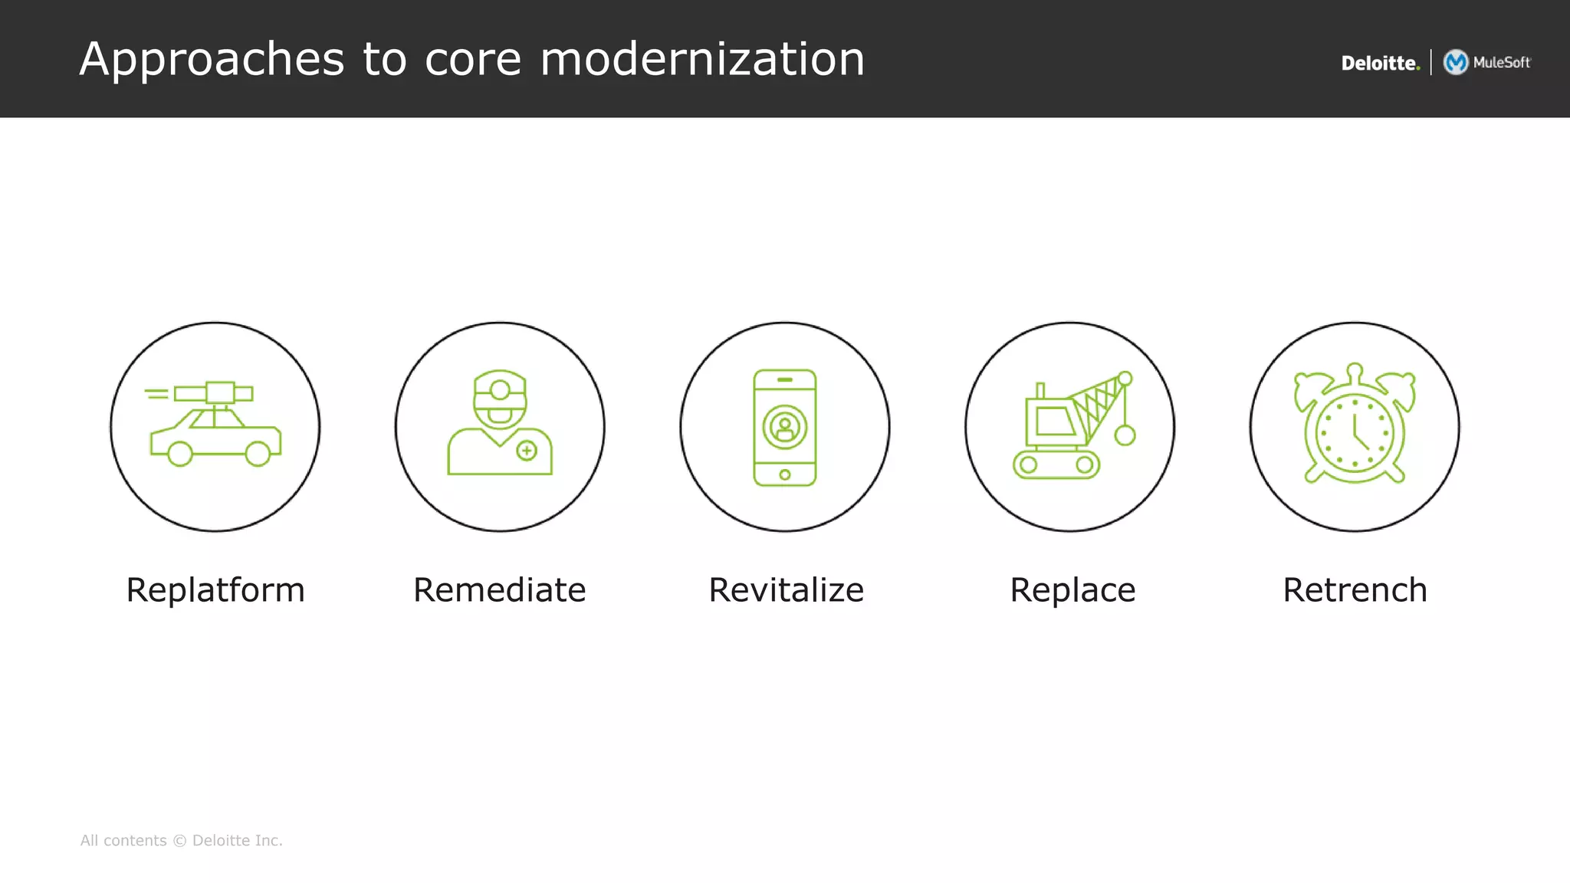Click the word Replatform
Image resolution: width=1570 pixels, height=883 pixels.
[215, 590]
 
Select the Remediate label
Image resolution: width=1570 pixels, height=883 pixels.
[500, 590]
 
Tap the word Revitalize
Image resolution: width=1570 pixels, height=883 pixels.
[786, 590]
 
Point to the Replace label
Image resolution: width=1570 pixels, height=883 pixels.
[1072, 590]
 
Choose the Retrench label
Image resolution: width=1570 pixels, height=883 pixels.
[1355, 590]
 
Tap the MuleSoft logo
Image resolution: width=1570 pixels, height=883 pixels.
[1487, 62]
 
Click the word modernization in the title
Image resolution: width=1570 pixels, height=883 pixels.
[702, 59]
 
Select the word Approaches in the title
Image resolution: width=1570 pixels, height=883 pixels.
[212, 60]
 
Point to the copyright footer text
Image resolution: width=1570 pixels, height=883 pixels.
[182, 840]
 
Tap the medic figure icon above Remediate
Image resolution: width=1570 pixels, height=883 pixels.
[500, 423]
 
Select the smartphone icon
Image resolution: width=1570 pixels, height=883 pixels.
[785, 427]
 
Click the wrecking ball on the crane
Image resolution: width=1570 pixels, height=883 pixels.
[1125, 435]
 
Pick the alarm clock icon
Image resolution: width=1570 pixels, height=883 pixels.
[1355, 425]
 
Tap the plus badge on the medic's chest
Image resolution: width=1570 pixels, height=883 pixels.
[527, 451]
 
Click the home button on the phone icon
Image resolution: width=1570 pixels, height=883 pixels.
[785, 474]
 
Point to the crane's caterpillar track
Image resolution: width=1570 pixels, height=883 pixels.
[1056, 464]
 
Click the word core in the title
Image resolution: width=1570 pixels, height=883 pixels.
[472, 59]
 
